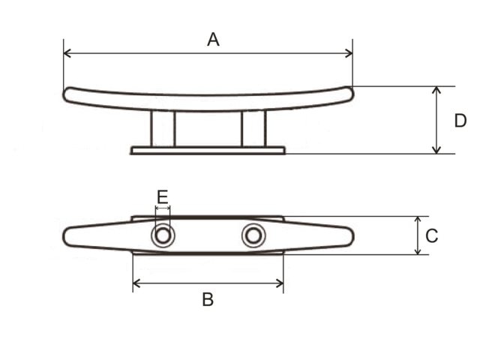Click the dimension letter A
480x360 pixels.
click(213, 40)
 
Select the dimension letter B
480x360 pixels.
click(208, 300)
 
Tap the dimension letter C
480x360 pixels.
click(432, 236)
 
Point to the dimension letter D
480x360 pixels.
click(460, 121)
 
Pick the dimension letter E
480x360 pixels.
click(163, 197)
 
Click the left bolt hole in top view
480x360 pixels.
click(162, 236)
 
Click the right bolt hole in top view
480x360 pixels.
click(253, 236)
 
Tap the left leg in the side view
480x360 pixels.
click(163, 128)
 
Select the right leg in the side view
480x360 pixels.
click(253, 128)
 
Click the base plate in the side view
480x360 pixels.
click(208, 151)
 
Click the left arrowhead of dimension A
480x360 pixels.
click(67, 53)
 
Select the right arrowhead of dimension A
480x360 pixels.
click(349, 53)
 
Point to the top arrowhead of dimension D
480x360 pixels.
click(437, 90)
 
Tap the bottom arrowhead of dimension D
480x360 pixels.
click(437, 150)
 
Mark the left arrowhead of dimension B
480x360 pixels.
click(136, 283)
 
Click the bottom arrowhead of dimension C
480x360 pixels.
click(418, 250)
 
